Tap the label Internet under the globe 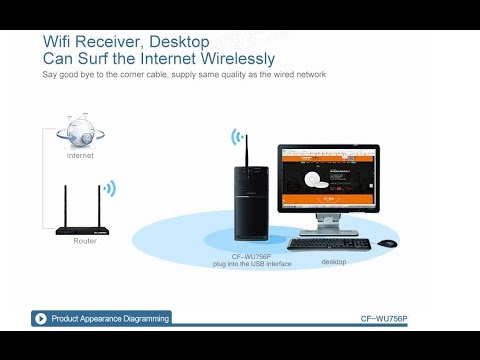(x=81, y=156)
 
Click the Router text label (x=85, y=241)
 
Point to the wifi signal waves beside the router (x=111, y=187)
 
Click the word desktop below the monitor (x=334, y=262)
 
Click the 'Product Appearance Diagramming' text (x=110, y=318)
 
